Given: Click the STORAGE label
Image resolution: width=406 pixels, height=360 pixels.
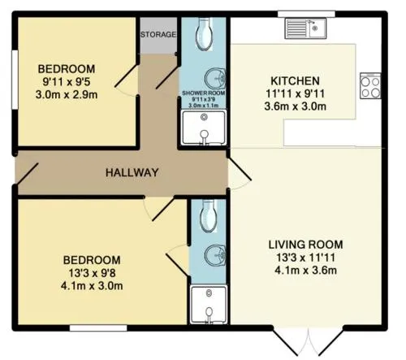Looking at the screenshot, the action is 158,34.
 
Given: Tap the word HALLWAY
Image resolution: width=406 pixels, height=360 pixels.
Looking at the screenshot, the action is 132,172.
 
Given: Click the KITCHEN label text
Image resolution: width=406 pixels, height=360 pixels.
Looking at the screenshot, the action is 295,80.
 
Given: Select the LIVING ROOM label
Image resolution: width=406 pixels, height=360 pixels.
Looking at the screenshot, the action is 305,245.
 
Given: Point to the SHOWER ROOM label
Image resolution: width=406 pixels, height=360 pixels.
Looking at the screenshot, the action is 204,93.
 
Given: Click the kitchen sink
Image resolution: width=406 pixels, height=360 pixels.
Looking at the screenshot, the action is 305,28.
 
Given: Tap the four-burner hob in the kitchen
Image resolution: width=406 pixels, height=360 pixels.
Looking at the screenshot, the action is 370,85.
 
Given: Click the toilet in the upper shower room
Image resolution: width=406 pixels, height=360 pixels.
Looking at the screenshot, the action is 204,34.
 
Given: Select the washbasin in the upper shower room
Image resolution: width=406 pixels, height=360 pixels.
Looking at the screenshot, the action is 215,79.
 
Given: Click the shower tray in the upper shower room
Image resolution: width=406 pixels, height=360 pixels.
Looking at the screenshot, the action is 204,128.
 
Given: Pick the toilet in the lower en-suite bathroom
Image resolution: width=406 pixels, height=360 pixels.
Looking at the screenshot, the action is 209,216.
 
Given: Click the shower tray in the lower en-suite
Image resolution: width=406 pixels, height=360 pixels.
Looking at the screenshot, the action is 209,304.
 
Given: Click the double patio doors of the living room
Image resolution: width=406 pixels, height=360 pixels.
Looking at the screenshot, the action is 309,341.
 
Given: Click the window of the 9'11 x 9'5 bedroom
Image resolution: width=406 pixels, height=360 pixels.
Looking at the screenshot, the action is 15,80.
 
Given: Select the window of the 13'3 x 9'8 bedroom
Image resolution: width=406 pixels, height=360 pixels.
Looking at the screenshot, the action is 98,328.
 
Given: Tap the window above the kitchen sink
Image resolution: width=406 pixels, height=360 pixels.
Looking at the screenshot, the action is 307,14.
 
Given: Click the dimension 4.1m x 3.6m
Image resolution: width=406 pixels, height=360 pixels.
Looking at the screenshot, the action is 305,271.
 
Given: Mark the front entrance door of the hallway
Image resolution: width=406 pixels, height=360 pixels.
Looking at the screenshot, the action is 27,173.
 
